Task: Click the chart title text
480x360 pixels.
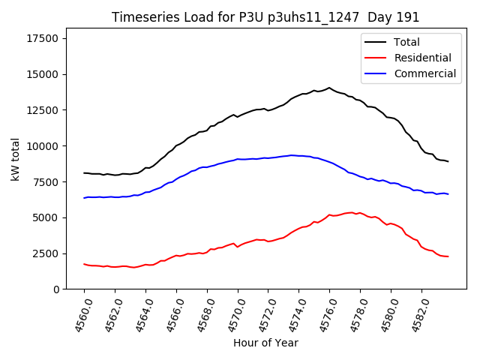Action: click(265, 17)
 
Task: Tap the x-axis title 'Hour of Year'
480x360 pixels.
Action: click(265, 343)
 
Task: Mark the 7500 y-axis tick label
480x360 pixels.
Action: click(47, 182)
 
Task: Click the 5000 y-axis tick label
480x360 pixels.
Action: click(47, 217)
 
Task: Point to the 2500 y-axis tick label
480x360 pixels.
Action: click(47, 253)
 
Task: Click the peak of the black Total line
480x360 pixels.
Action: click(328, 88)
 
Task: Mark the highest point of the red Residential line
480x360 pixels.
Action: click(351, 212)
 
